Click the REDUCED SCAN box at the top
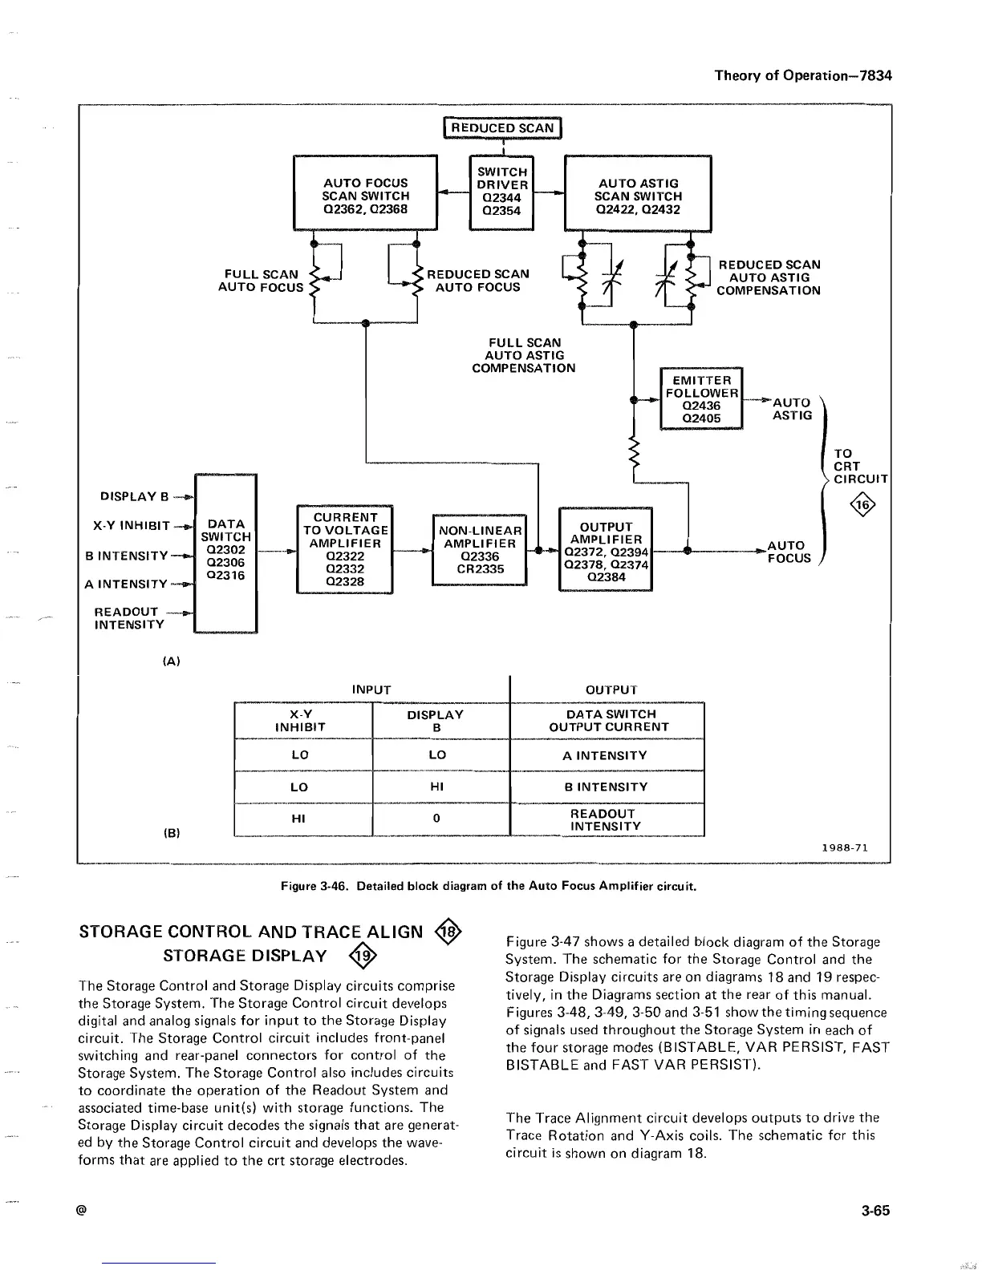pos(502,127)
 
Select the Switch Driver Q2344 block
pos(502,192)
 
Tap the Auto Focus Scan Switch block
pos(365,196)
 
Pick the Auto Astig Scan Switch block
pos(638,196)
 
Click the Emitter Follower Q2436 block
pos(701,399)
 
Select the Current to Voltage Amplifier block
pos(344,550)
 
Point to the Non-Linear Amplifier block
pos(479,550)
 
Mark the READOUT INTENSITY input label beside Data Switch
pos(128,618)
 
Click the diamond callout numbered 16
pos(862,505)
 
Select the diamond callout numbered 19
pos(363,956)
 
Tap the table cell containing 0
pos(436,819)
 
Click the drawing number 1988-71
pos(844,847)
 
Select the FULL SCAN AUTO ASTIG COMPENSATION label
pos(523,355)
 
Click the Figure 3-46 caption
pos(488,887)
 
